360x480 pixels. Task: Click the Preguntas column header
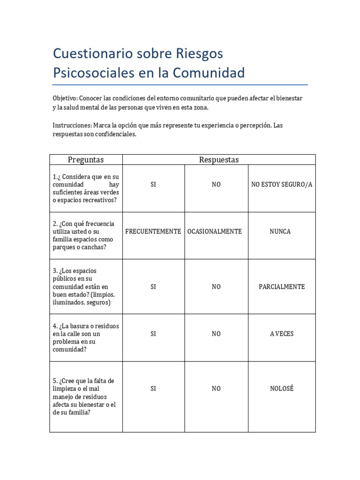86,160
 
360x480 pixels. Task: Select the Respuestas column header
219,160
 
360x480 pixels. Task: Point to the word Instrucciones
72,126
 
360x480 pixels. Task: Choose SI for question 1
153,185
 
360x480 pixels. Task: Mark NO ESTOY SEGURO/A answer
282,185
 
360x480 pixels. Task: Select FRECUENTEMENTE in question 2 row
153,232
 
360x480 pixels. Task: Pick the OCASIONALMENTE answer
215,232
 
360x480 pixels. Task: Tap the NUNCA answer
280,232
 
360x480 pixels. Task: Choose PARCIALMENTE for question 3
282,287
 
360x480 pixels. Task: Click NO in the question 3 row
216,287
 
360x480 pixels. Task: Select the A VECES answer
282,334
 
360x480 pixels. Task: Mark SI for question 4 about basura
153,334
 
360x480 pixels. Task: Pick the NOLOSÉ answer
282,389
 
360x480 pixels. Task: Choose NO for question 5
216,389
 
